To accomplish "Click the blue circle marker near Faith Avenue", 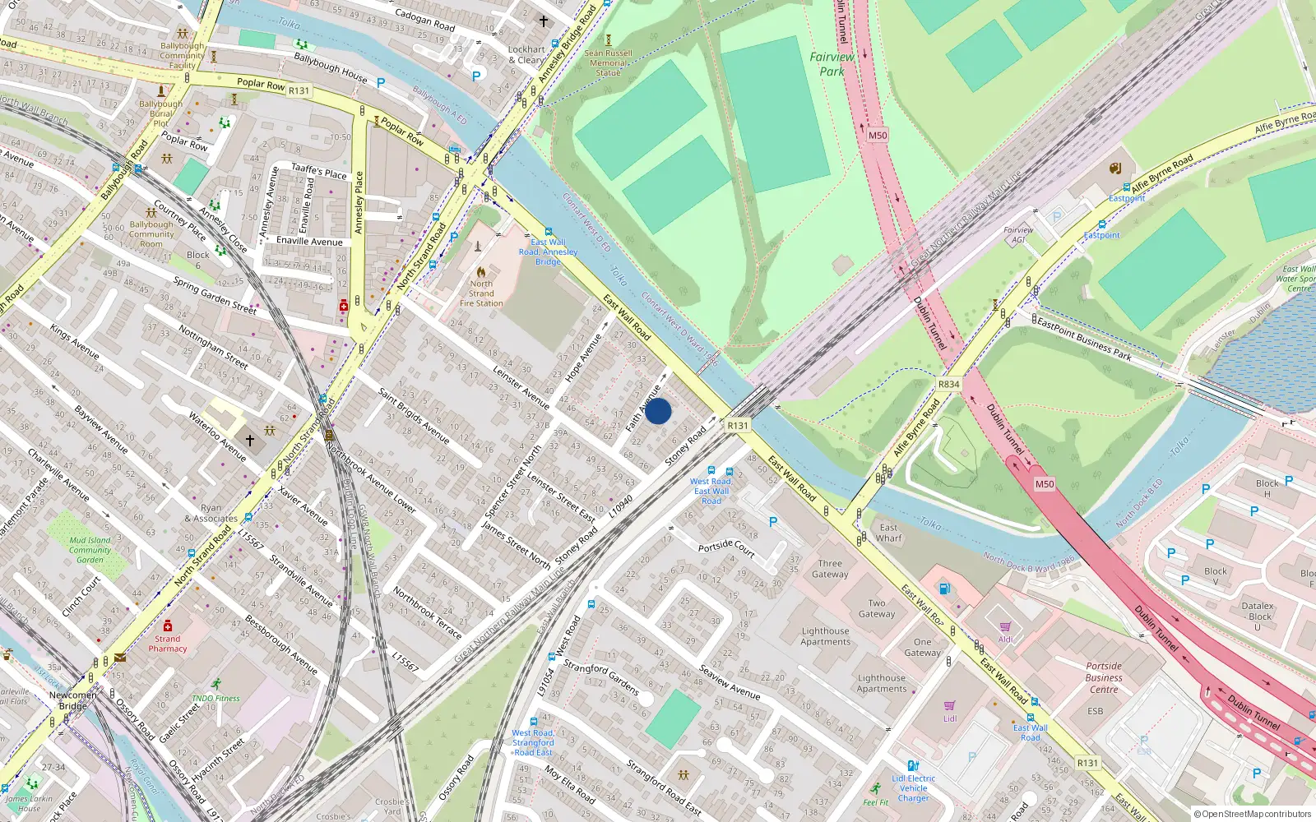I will click(x=658, y=411).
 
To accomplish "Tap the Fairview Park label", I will click(x=832, y=64).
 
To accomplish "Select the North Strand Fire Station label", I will click(x=481, y=293).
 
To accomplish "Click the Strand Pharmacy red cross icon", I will click(x=168, y=626).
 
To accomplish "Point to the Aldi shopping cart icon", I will click(x=1005, y=627).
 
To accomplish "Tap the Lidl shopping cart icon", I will click(x=950, y=706).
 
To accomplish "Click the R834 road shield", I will click(x=948, y=384).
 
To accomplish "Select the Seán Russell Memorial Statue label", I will click(x=609, y=62).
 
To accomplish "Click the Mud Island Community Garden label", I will click(x=90, y=550).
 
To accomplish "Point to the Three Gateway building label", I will click(x=830, y=569).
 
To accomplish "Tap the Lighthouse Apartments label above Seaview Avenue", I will click(x=826, y=636).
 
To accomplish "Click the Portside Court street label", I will click(x=726, y=548).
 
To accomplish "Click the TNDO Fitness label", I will click(x=215, y=698).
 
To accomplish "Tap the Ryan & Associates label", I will click(x=211, y=513).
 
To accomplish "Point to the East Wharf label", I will click(x=888, y=533).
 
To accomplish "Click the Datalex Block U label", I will click(x=1258, y=616).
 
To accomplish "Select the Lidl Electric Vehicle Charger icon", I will click(x=913, y=765).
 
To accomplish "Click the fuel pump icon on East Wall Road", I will click(x=945, y=588).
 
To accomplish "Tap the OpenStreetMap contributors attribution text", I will click(x=1252, y=815).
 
